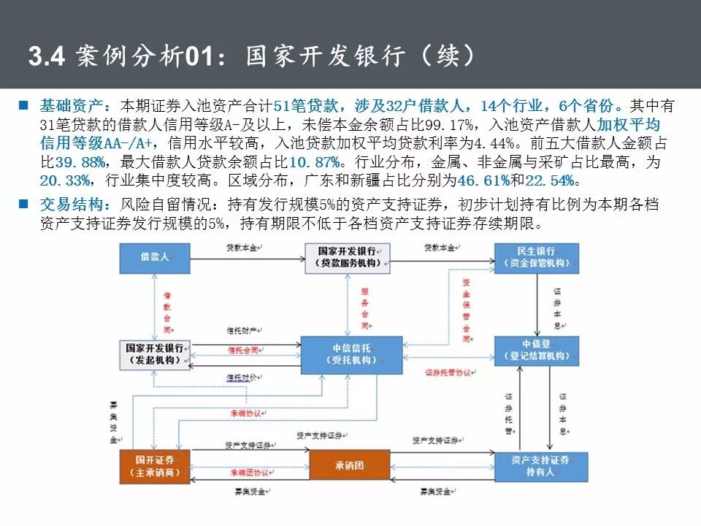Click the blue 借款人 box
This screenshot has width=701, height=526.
(155, 256)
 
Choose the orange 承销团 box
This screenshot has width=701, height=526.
(349, 465)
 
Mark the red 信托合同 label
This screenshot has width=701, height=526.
(243, 351)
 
